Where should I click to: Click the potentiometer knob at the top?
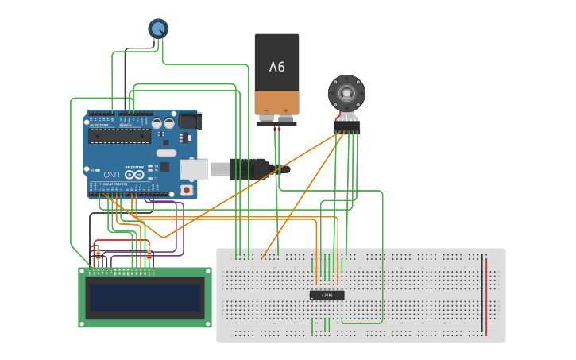158,29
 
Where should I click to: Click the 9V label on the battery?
276,67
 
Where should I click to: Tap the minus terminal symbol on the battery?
266,110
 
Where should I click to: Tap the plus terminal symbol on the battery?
285,110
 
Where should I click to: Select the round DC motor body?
347,95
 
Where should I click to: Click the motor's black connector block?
347,126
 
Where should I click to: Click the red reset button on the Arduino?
187,190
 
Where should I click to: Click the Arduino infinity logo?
134,173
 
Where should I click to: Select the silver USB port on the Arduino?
195,168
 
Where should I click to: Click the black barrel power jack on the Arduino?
187,121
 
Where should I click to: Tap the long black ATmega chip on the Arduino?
119,135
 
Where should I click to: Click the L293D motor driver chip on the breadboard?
327,295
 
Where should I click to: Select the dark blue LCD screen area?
145,297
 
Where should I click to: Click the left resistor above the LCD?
99,254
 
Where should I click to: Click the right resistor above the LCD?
149,254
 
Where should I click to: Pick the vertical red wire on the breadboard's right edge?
486,294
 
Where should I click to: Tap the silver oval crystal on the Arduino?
165,153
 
